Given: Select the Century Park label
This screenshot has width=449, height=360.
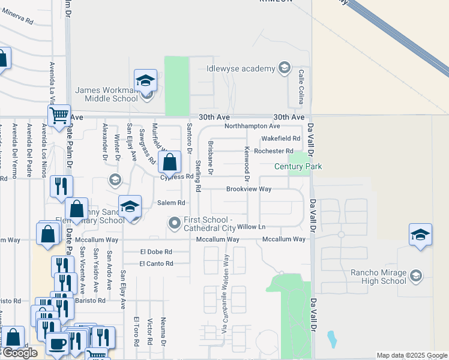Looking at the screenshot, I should [x=298, y=167].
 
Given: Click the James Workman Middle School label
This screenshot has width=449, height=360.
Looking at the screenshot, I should [x=106, y=94].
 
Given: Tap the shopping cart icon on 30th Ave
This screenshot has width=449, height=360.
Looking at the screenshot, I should [x=59, y=114].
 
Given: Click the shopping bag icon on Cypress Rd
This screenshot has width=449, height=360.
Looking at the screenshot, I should [x=170, y=161].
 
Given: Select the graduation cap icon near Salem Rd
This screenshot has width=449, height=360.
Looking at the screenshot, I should [x=130, y=206].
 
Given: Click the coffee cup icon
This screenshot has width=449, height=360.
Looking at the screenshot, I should [x=58, y=343].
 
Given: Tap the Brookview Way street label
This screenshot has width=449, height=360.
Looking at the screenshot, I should [x=249, y=189].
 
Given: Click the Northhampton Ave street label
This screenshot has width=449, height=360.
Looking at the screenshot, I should [x=252, y=127].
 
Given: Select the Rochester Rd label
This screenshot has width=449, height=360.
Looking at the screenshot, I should [x=273, y=151].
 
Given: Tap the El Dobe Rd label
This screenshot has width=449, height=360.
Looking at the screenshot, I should [x=156, y=252].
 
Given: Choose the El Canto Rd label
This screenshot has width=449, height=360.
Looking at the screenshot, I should [x=156, y=263].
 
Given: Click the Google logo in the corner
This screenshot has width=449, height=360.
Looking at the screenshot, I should [x=20, y=353].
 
